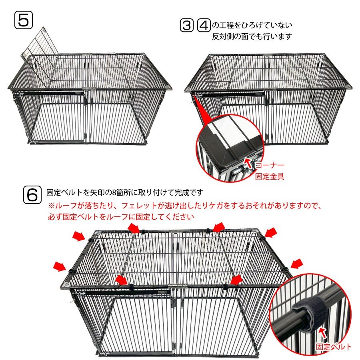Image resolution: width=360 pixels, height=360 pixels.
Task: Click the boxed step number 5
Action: pyautogui.click(x=24, y=20)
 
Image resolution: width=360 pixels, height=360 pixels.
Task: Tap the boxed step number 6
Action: pyautogui.click(x=32, y=195)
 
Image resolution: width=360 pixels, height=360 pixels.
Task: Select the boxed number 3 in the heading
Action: pyautogui.click(x=187, y=25)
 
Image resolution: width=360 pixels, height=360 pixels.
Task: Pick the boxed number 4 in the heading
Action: pyautogui.click(x=204, y=25)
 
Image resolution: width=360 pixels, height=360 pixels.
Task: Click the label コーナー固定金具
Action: pyautogui.click(x=270, y=170)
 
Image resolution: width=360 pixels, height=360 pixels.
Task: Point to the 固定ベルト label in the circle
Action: pyautogui.click(x=333, y=346)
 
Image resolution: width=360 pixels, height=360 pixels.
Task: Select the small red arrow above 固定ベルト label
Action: pyautogui.click(x=323, y=333)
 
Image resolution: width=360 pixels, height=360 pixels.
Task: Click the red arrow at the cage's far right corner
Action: pyautogui.click(x=271, y=232)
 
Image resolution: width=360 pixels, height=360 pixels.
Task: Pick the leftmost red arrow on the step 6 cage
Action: pyautogui.click(x=60, y=266)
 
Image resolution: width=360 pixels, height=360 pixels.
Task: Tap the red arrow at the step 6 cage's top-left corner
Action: pyautogui.click(x=79, y=236)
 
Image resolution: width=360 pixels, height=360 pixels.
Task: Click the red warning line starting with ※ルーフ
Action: pyautogui.click(x=185, y=206)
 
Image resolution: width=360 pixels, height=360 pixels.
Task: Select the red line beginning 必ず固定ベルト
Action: pyautogui.click(x=121, y=217)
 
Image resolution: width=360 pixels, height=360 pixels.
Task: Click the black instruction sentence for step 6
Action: pyautogui.click(x=125, y=192)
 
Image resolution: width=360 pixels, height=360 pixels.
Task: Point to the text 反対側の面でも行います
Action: pyautogui.click(x=252, y=36)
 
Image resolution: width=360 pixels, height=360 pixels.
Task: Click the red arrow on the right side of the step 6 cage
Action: pyautogui.click(x=297, y=264)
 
